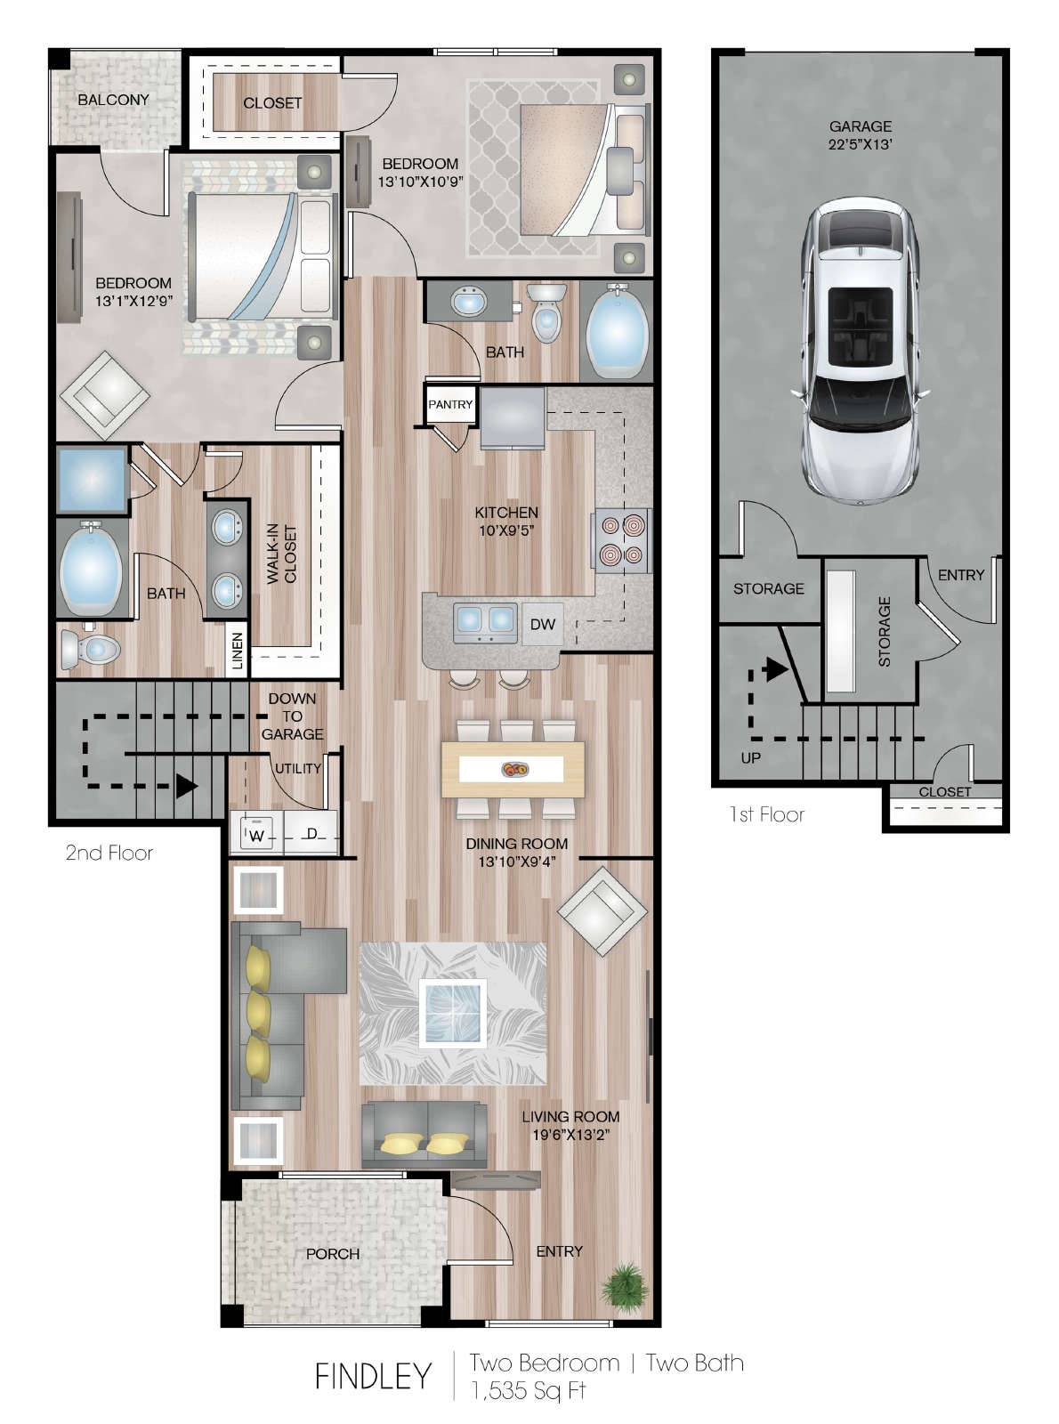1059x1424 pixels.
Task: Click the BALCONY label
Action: pyautogui.click(x=113, y=100)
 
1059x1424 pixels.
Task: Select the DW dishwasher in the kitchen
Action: pyautogui.click(x=543, y=624)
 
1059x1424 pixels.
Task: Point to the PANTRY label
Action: pyautogui.click(x=450, y=404)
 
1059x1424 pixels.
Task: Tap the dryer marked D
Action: pyautogui.click(x=311, y=832)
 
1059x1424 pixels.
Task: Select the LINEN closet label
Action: pyautogui.click(x=238, y=651)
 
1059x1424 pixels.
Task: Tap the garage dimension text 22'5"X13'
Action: pyautogui.click(x=860, y=144)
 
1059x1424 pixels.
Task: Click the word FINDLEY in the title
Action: pyautogui.click(x=373, y=1376)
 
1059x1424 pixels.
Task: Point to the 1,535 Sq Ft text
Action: pyautogui.click(x=529, y=1390)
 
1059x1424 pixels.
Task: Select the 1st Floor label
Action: pyautogui.click(x=767, y=814)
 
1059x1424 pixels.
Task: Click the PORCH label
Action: pyautogui.click(x=333, y=1253)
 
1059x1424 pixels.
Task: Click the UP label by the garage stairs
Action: pyautogui.click(x=751, y=758)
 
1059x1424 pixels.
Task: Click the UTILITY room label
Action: pyautogui.click(x=298, y=768)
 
